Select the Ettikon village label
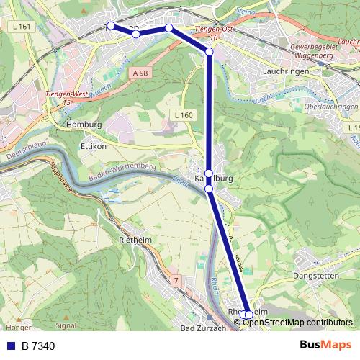point(94,145)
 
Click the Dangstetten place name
point(315,275)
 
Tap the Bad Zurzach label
point(198,328)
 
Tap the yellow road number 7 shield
point(175,279)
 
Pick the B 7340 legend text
point(37,346)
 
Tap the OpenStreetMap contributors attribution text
point(297,323)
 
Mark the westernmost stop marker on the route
point(111,26)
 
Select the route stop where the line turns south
point(209,52)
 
